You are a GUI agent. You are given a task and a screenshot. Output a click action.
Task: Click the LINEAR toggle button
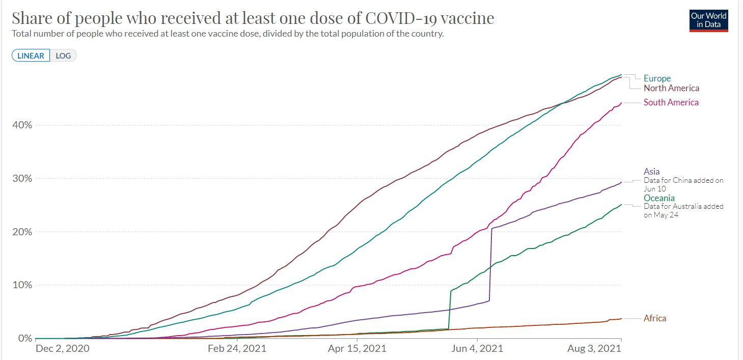pos(31,56)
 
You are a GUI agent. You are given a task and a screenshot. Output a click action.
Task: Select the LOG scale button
pos(63,56)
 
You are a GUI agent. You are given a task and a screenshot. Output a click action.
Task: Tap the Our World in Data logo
pos(708,20)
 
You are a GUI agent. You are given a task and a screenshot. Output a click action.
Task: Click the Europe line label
pos(657,78)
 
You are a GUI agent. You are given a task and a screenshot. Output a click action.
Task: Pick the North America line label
pos(671,88)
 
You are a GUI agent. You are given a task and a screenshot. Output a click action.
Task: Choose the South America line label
pos(671,102)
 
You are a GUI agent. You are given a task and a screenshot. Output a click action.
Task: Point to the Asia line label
pos(651,172)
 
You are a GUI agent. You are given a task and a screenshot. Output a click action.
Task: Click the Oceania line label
pos(659,198)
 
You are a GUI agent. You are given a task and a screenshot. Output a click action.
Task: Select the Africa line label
pos(654,318)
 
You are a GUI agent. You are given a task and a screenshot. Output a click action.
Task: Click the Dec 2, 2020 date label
pos(63,349)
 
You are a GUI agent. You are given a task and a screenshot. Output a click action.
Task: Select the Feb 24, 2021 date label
pos(237,349)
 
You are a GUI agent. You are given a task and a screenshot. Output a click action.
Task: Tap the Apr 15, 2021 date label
pos(357,349)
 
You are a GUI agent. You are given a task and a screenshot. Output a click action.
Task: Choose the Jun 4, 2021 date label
pos(477,349)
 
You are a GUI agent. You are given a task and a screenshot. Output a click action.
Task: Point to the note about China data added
pos(683,184)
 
